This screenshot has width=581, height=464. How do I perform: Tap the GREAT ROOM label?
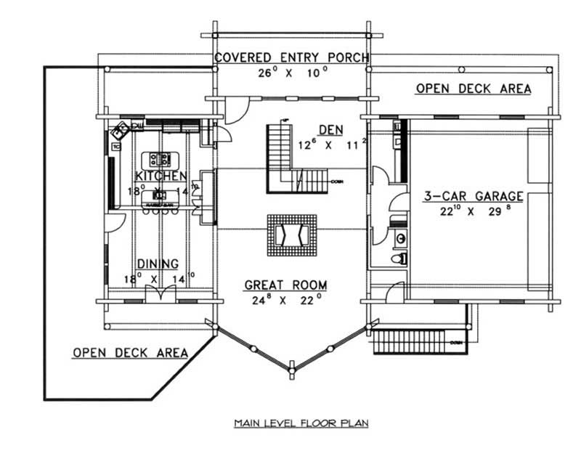click(285, 285)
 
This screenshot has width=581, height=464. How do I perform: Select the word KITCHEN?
click(161, 176)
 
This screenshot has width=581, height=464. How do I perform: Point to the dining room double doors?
click(157, 295)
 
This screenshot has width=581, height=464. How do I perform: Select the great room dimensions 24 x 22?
click(285, 300)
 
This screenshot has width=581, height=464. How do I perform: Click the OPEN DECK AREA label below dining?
click(130, 353)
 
